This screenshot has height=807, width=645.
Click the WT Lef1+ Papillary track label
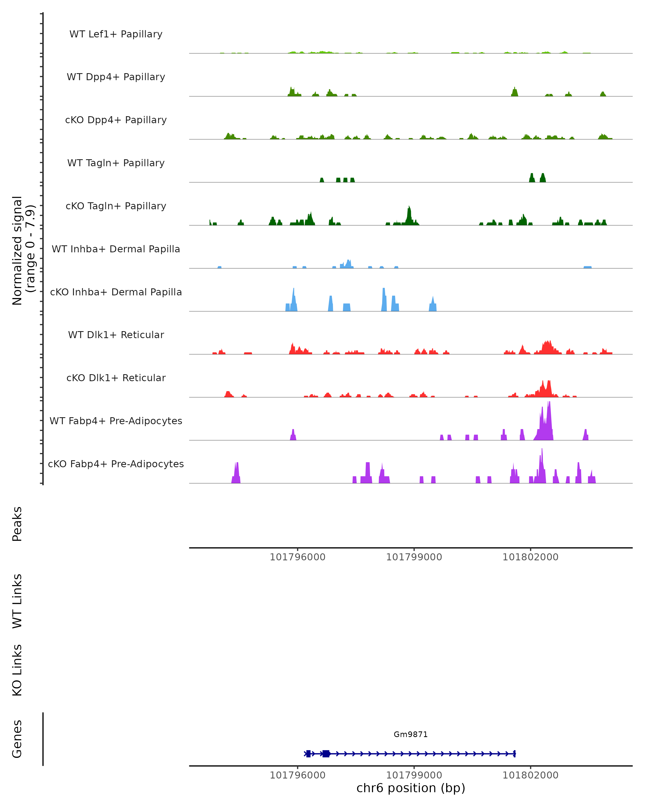tap(116, 34)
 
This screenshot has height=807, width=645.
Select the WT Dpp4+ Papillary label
tap(116, 77)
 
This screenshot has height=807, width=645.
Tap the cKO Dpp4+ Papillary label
tap(116, 120)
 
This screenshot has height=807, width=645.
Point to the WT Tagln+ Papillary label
tap(116, 163)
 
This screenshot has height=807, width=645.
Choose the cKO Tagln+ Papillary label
tap(116, 206)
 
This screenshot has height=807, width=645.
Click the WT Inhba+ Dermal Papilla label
tap(116, 249)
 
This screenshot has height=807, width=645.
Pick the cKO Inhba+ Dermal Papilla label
tap(116, 292)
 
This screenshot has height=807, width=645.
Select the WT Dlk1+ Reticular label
tap(116, 335)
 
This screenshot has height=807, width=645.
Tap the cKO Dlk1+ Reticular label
tap(116, 378)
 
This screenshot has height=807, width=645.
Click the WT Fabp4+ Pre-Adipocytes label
tap(116, 421)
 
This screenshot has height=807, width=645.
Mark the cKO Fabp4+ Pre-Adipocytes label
tap(116, 464)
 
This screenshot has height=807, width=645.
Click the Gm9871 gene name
tap(411, 734)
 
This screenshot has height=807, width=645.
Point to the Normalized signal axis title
tap(23, 250)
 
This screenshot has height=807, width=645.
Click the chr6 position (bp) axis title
tap(411, 788)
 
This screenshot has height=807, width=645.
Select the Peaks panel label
tap(17, 524)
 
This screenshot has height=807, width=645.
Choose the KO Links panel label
tap(17, 670)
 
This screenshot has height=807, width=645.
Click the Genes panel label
tap(17, 739)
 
